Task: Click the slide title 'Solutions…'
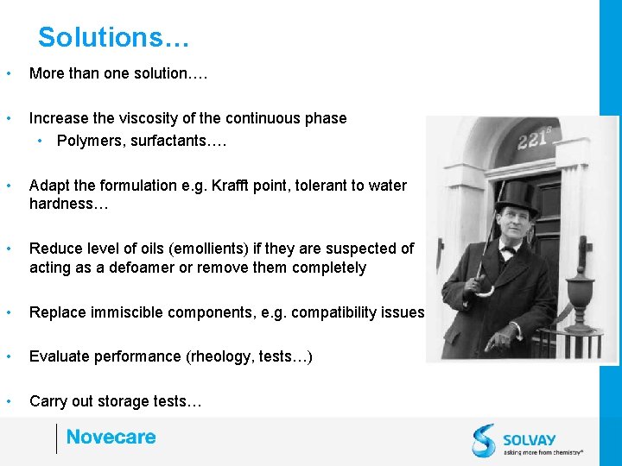click(113, 38)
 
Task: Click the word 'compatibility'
click(334, 312)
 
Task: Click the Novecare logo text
click(111, 438)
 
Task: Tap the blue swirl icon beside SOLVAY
click(484, 440)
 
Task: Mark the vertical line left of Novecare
click(56, 438)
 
